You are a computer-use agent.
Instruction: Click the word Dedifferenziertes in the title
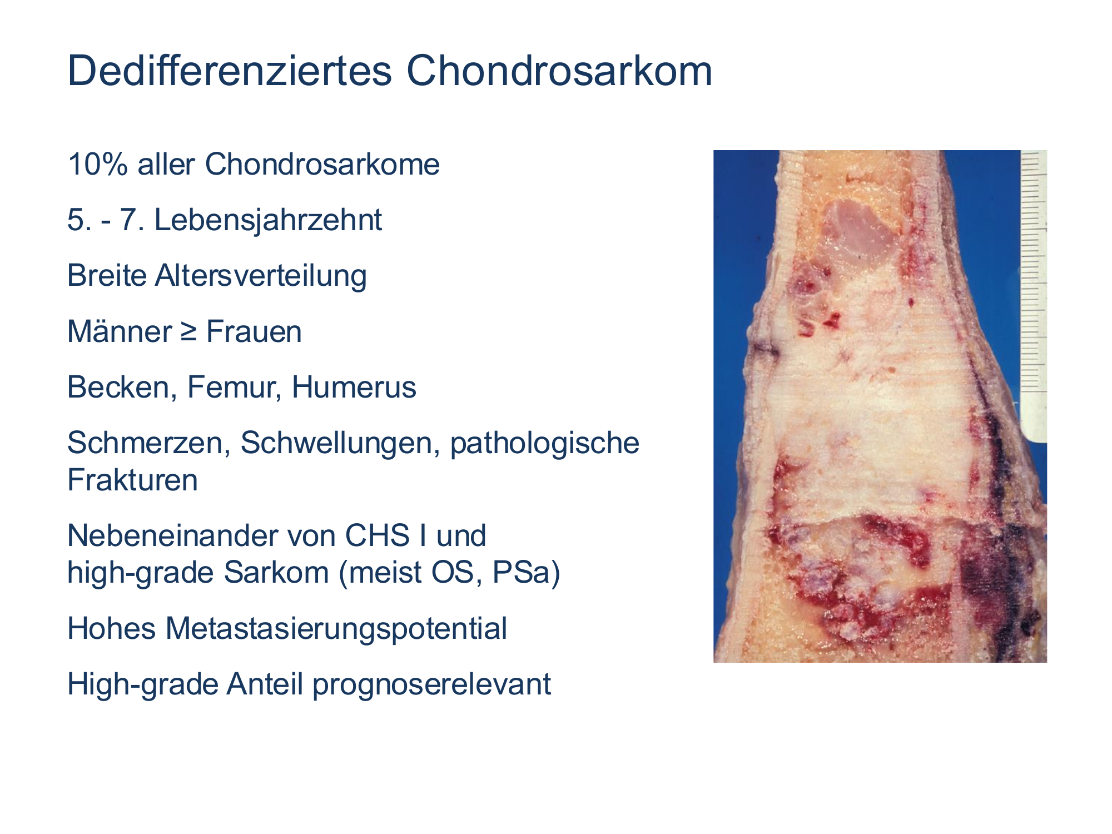230,71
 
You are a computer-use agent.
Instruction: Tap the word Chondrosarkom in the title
559,71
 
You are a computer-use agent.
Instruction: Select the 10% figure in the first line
97,165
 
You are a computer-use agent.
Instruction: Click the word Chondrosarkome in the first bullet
322,165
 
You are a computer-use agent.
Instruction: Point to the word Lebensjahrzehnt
268,220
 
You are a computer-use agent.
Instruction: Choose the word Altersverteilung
261,276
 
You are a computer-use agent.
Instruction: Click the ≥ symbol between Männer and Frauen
188,332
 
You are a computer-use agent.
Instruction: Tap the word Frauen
254,332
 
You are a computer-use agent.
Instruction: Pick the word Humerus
354,388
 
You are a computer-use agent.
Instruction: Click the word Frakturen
132,480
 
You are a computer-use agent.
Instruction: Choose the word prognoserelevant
431,684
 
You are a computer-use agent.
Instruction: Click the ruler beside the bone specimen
1034,295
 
